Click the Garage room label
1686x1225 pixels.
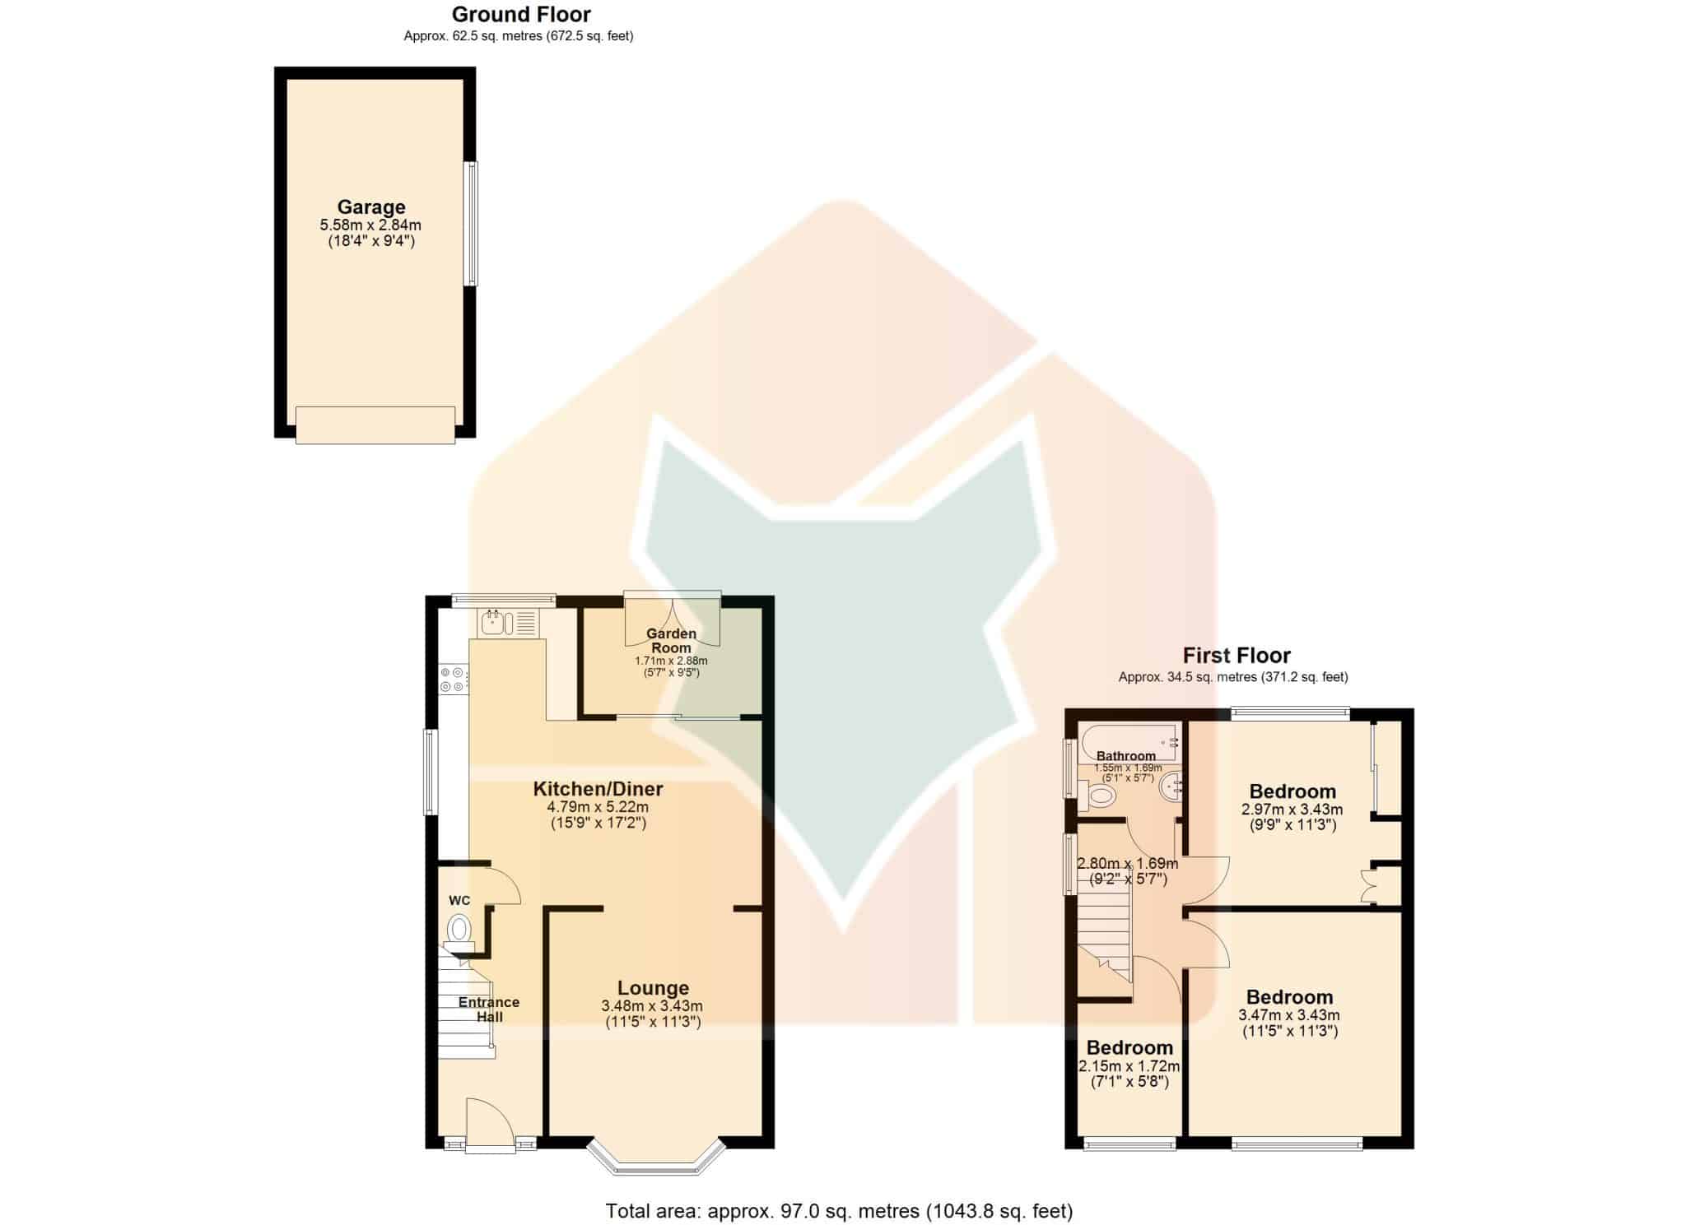371,207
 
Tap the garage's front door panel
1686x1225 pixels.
375,425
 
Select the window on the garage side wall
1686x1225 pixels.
470,224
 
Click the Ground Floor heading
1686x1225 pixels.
521,14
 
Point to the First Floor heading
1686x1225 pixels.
1237,656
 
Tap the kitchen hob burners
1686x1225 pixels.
452,680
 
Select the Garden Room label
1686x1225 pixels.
671,641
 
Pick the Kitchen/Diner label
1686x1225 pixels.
598,789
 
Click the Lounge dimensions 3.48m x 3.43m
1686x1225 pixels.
652,1006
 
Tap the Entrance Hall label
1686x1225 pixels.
489,1009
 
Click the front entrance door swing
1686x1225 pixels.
489,1121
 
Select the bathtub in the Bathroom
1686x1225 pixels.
1129,743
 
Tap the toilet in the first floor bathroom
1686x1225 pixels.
1097,796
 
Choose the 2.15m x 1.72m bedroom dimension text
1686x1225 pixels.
1129,1067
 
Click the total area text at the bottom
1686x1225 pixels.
839,1211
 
